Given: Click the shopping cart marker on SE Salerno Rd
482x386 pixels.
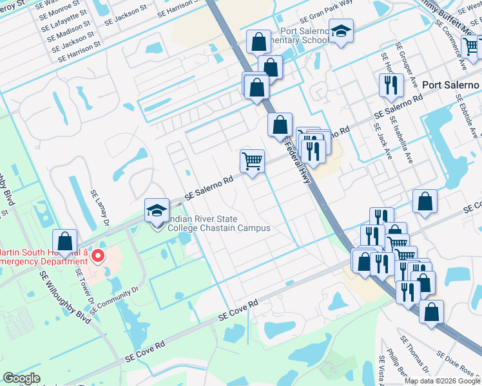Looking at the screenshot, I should (252, 161).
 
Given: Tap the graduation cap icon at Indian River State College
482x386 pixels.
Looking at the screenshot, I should (157, 210).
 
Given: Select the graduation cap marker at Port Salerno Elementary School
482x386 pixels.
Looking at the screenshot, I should (341, 31).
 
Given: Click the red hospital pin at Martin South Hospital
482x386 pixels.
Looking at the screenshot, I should (98, 257).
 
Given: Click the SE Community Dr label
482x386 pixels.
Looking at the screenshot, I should (115, 300).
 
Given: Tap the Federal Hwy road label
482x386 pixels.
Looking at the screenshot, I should (298, 161).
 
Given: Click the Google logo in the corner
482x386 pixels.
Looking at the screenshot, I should (21, 378).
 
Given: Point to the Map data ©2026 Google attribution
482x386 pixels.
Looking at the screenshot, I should (442, 380).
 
